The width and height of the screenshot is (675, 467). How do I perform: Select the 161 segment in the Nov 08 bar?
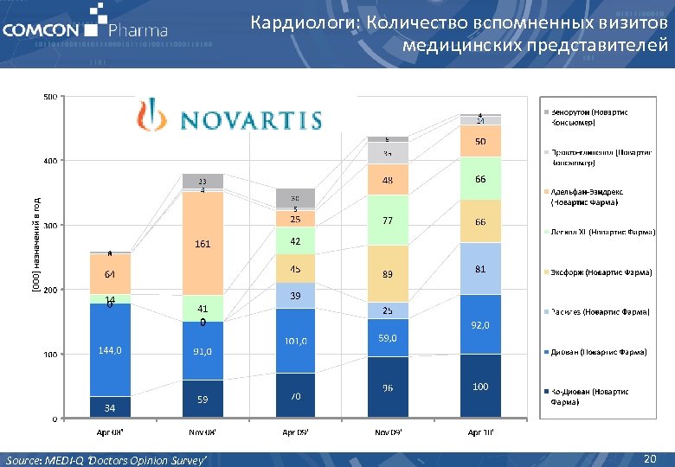pos(202,244)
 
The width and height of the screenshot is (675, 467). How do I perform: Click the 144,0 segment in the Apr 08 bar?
pos(110,350)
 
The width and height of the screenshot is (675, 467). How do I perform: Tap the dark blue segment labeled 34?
pos(110,407)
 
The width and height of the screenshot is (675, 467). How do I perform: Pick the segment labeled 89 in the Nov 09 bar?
pos(389,274)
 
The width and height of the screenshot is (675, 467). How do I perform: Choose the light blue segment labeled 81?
pos(479,269)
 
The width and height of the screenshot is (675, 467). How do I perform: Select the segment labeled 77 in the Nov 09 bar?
pos(389,221)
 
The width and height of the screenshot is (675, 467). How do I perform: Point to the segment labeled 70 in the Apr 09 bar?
pos(295,396)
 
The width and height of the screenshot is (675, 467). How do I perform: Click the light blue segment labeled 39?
pos(295,296)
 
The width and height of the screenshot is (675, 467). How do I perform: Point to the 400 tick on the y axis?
pos(50,161)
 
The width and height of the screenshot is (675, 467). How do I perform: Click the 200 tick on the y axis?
pos(50,291)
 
